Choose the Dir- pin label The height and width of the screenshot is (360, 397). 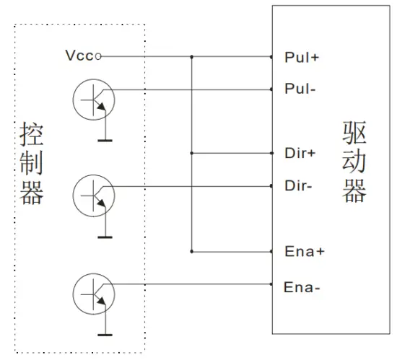click(297, 186)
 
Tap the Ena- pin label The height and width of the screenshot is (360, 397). click(300, 286)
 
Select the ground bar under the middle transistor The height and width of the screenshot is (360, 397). click(105, 237)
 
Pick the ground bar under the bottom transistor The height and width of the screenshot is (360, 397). click(105, 334)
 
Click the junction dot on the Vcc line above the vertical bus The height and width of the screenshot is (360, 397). click(192, 56)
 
